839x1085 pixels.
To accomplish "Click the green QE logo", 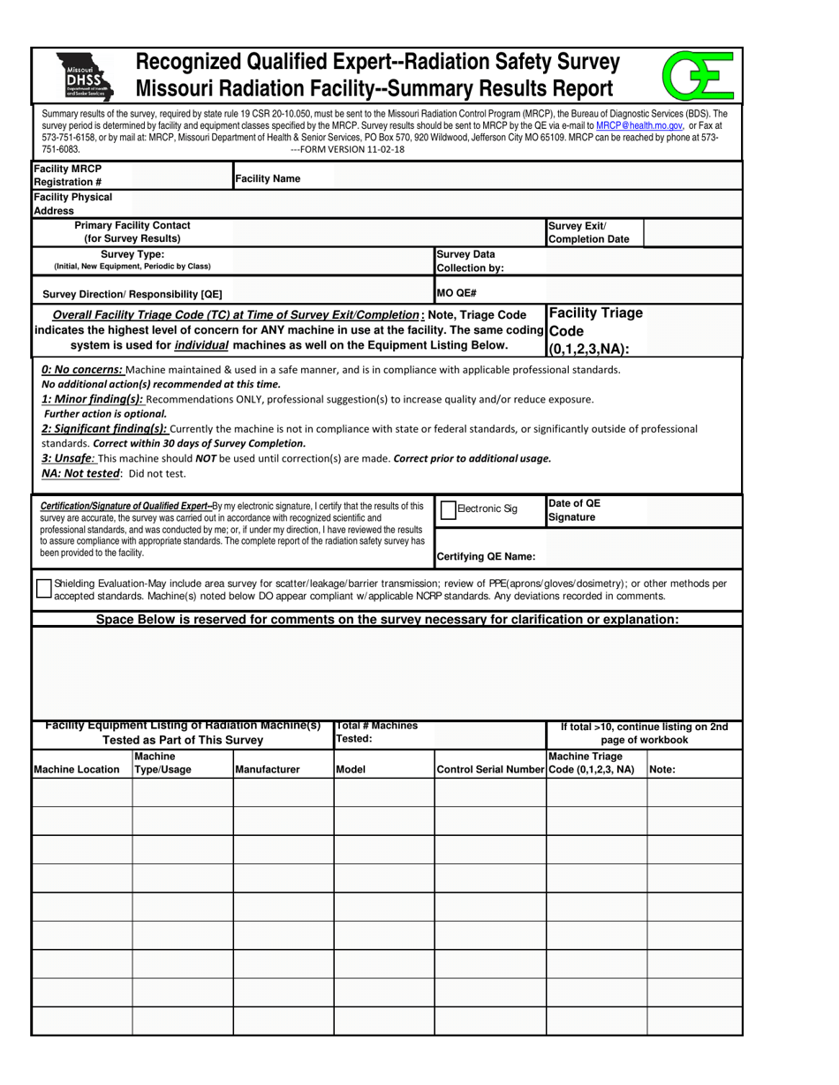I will tap(699, 75).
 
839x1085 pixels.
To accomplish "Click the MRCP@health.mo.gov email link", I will tap(639, 126).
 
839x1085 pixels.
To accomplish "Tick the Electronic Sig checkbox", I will tap(449, 509).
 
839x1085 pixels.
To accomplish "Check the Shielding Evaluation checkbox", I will tap(43, 590).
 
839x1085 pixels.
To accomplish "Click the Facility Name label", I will tap(267, 179).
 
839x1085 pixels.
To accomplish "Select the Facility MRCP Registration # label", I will tap(68, 175).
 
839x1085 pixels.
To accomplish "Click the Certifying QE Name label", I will tap(486, 557).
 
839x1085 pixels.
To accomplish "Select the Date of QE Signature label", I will tap(575, 510).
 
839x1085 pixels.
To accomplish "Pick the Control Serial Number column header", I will tap(490, 770).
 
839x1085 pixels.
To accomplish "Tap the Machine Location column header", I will tap(77, 770).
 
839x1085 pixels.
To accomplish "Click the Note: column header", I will tap(662, 770).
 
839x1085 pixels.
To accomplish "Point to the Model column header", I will tap(351, 770).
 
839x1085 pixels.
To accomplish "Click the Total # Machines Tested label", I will tap(377, 732).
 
